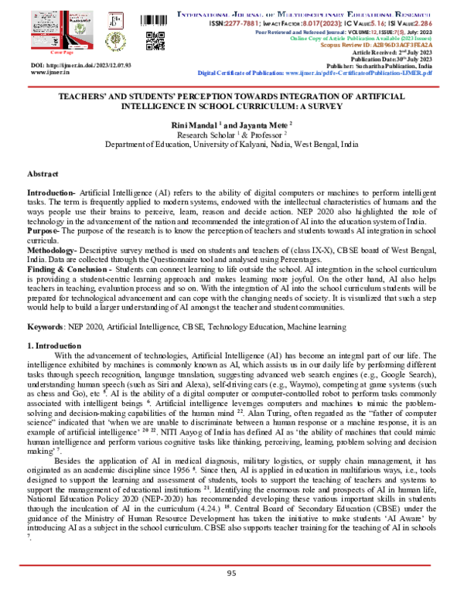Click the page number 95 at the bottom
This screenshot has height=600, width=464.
click(231, 573)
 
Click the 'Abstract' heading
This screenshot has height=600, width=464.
click(43, 176)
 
